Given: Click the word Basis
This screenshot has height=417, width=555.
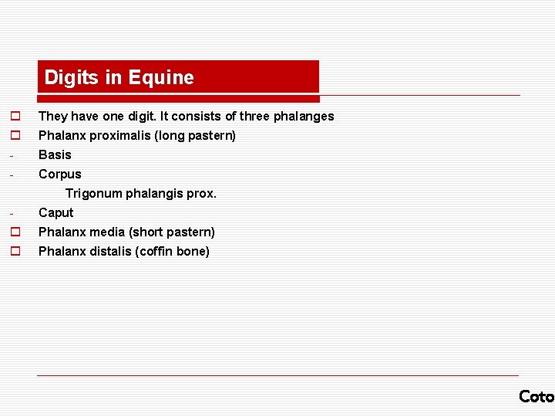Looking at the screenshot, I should click(55, 154).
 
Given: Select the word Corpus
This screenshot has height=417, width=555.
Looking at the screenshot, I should click(59, 174).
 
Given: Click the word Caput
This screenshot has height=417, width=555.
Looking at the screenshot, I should click(55, 212).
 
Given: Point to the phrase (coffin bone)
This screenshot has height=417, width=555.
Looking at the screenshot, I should click(174, 251).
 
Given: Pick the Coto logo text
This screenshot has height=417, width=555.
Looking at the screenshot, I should click(536, 396).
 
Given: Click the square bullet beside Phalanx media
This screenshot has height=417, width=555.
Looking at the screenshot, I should click(14, 232).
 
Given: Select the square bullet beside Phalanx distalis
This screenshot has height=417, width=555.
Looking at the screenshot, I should click(14, 251).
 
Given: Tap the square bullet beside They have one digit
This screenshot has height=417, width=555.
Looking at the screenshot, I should click(14, 116).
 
